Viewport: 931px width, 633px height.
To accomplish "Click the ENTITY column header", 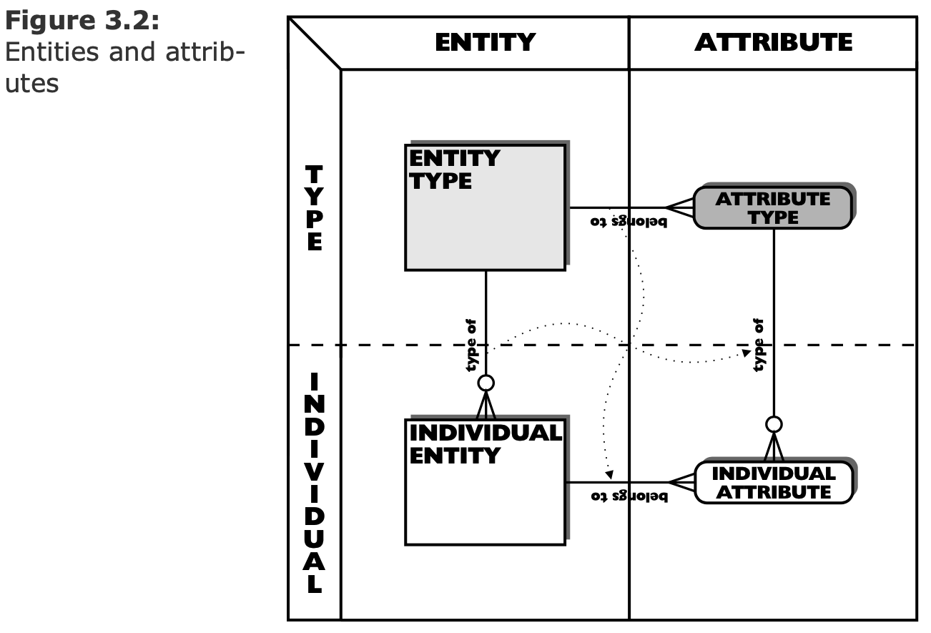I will click(x=485, y=42).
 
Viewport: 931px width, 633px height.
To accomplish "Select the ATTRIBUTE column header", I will click(x=773, y=42).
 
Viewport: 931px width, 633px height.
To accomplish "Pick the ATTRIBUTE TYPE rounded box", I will click(x=773, y=208).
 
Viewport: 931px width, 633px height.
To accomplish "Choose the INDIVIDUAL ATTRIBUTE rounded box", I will click(x=773, y=483).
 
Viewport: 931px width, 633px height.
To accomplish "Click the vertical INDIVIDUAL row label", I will click(x=314, y=483).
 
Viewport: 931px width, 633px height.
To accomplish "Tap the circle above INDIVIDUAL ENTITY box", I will click(x=486, y=383).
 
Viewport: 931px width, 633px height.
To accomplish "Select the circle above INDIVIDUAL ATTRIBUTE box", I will click(x=773, y=425).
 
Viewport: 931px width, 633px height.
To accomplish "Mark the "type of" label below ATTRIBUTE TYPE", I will click(x=759, y=345).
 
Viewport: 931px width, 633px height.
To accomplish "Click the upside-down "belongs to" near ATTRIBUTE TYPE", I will click(x=629, y=222).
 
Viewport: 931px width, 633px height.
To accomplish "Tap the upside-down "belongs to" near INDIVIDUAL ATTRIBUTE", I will click(x=629, y=496).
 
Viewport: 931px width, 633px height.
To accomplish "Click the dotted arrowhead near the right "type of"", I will click(x=746, y=353).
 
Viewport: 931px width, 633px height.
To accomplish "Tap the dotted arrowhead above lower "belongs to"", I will click(x=609, y=473).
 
